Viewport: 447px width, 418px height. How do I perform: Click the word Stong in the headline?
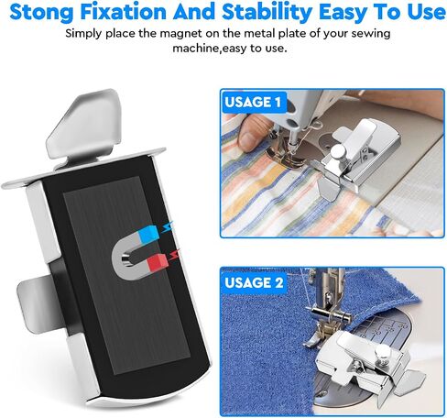click(41, 12)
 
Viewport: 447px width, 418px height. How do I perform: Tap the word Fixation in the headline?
click(124, 12)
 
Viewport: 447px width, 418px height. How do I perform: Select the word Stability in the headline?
click(267, 12)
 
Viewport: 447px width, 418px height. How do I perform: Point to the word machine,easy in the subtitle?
click(207, 49)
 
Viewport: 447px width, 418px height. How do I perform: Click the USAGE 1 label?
click(253, 102)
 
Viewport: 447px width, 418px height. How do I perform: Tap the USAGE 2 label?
click(254, 282)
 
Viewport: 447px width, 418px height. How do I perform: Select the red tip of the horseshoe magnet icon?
click(158, 262)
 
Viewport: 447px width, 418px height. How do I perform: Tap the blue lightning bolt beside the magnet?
click(168, 227)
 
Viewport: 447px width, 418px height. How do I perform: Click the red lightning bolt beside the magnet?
click(175, 254)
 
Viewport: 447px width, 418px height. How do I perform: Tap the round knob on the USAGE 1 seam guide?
click(338, 151)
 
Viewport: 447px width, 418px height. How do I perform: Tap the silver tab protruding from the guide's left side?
click(38, 302)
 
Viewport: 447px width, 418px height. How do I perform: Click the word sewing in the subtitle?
click(371, 34)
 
